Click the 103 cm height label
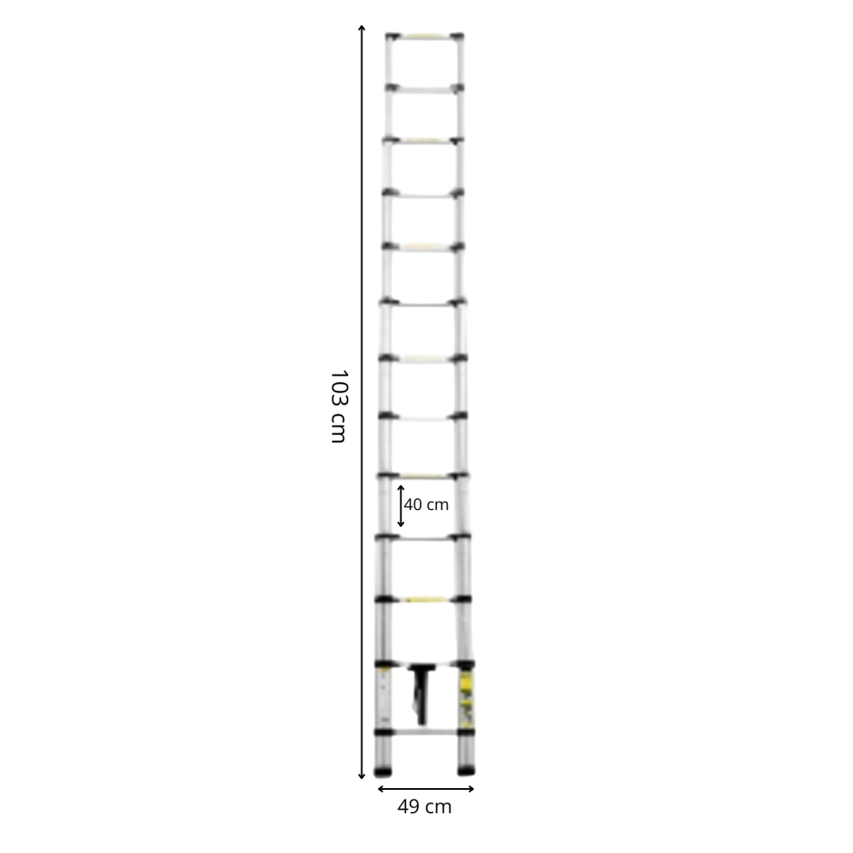339,406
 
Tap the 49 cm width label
424,807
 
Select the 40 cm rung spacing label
426,505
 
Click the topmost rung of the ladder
425,37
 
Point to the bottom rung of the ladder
424,732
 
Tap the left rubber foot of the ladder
384,771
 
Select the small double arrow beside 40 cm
401,506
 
